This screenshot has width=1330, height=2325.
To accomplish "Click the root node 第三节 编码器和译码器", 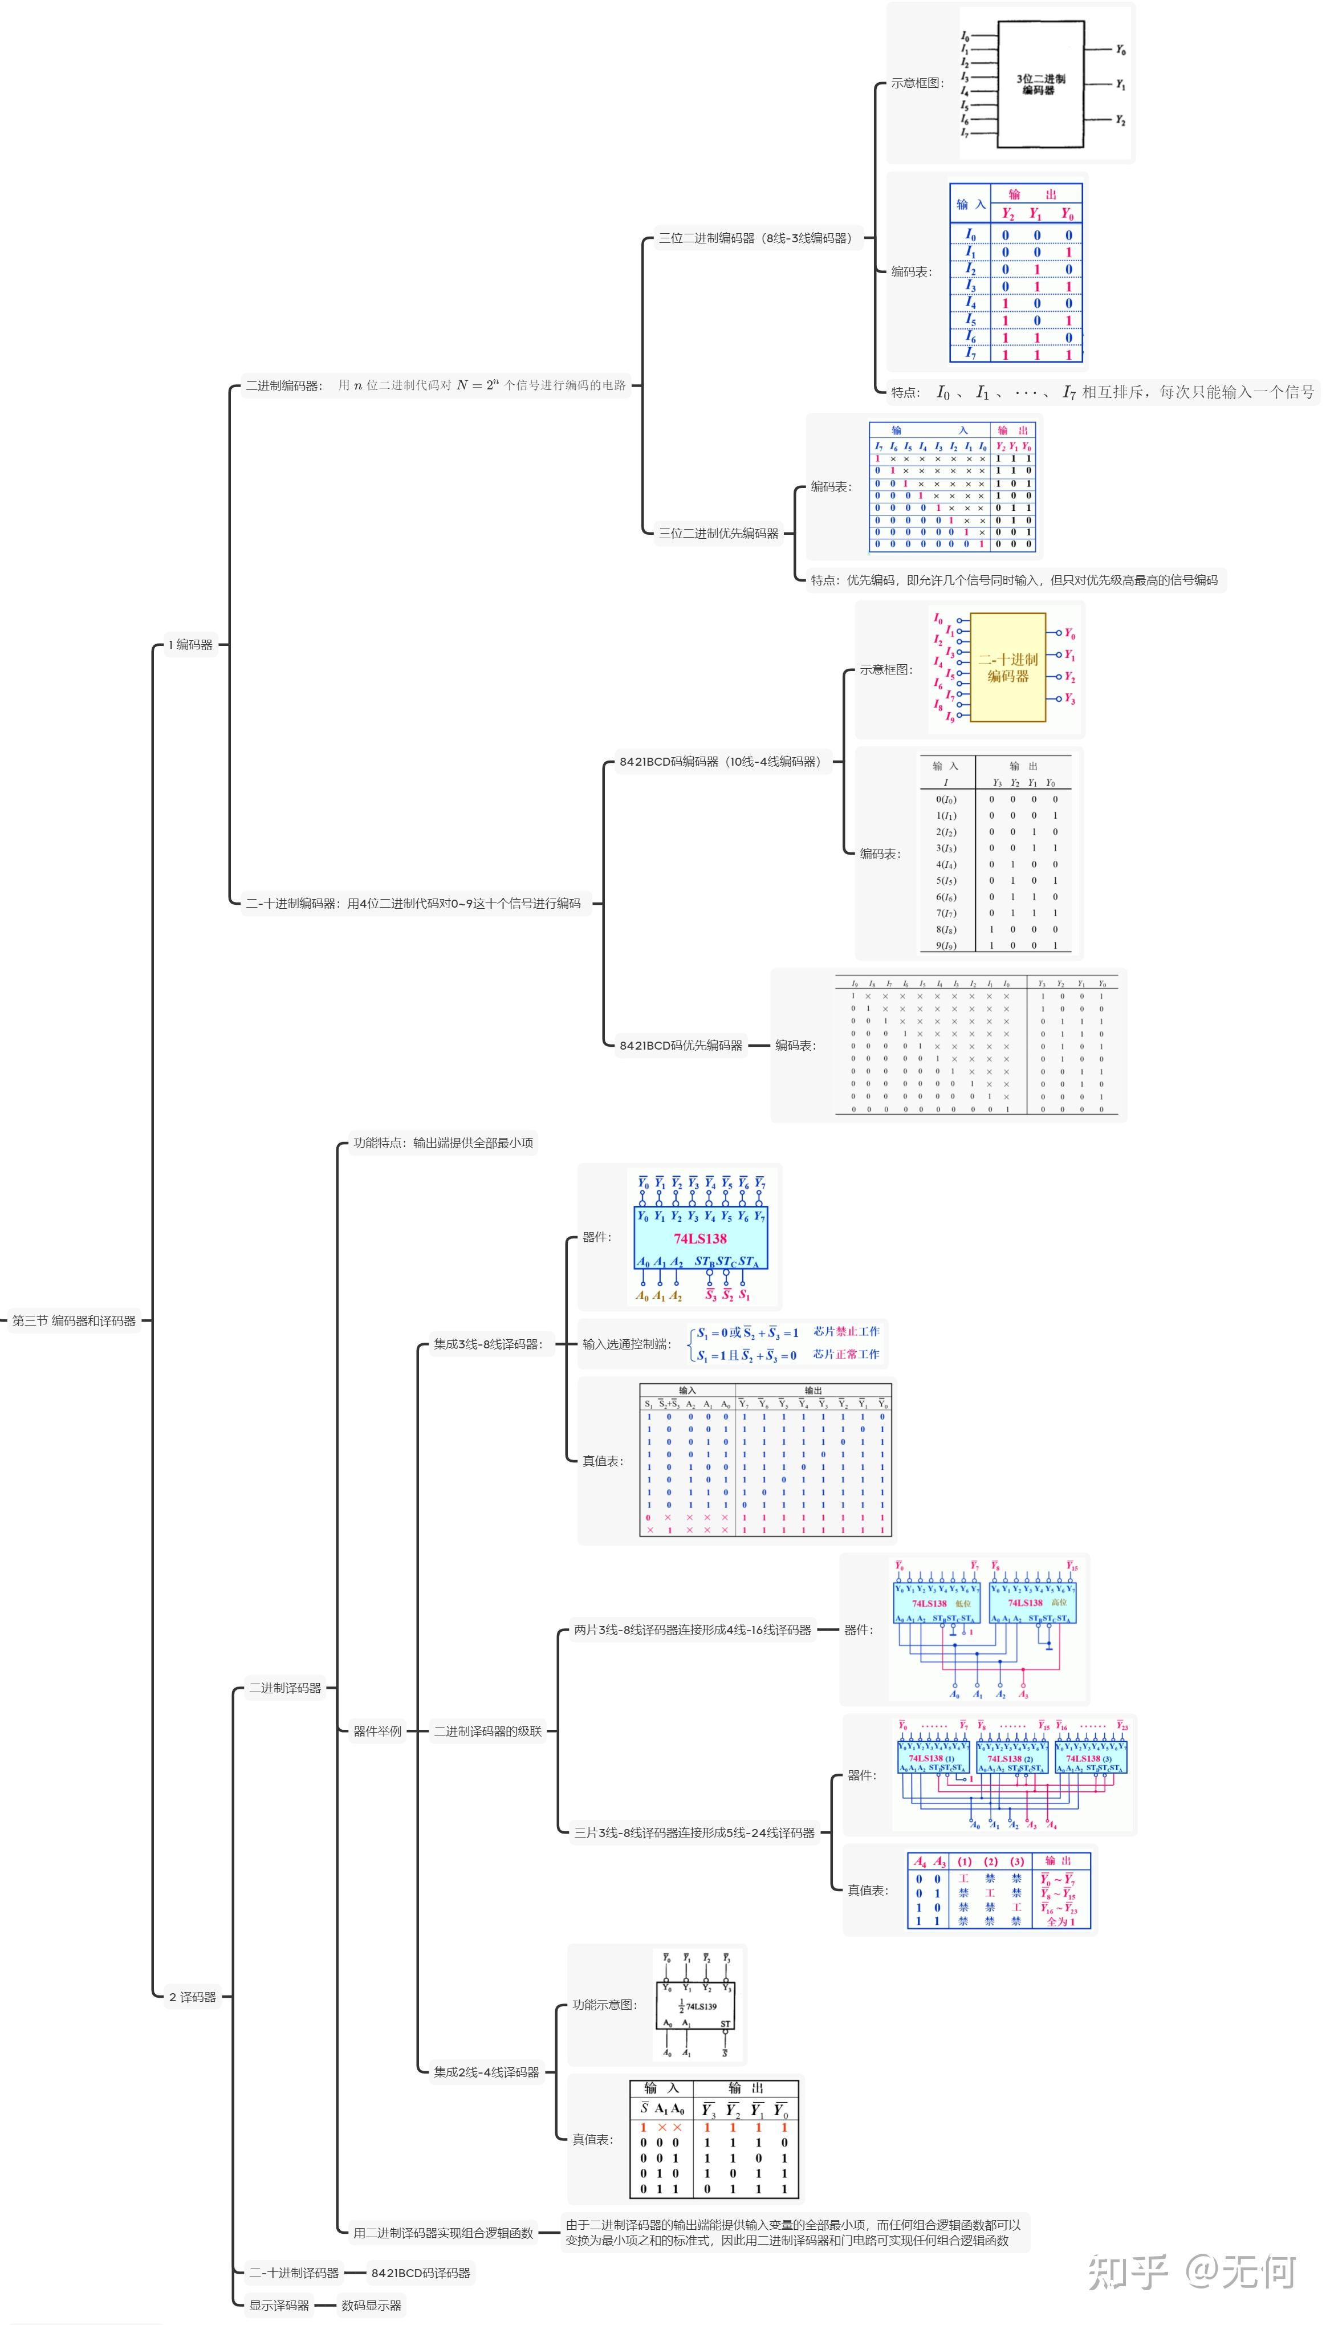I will (x=73, y=1320).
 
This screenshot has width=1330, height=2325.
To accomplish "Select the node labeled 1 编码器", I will (x=190, y=644).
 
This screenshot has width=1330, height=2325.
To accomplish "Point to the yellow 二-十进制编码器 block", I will (x=1007, y=667).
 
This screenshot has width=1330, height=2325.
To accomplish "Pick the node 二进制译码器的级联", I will (x=488, y=1730).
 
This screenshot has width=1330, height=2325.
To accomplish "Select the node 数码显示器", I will (x=371, y=2305).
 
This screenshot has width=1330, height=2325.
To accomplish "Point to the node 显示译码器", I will (x=279, y=2305).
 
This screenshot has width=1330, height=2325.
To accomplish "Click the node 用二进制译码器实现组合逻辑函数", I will (x=443, y=2232).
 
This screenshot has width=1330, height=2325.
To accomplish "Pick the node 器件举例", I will (x=377, y=1730).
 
